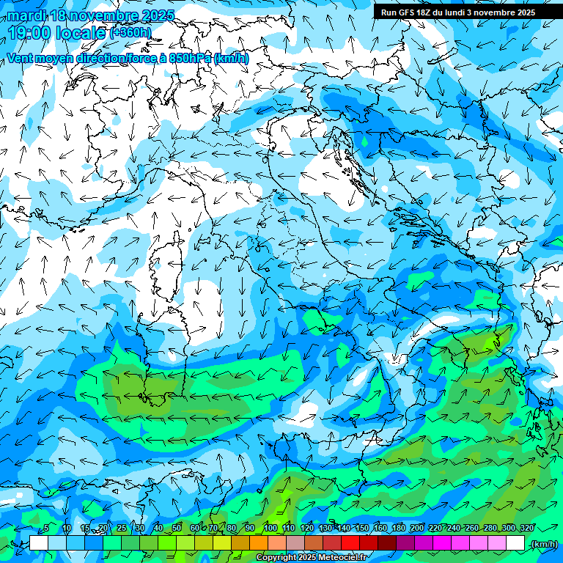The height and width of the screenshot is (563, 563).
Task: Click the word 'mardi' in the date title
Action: click(x=26, y=15)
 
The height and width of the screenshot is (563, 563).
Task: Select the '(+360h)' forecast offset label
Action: click(x=130, y=33)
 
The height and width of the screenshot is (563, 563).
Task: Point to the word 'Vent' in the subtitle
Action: click(x=20, y=59)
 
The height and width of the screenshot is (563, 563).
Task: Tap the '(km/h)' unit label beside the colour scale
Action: click(x=543, y=544)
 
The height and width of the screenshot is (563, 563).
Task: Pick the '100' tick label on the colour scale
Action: click(x=270, y=529)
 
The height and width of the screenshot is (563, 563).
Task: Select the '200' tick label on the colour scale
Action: click(x=417, y=529)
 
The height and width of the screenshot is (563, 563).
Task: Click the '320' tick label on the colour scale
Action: click(x=527, y=529)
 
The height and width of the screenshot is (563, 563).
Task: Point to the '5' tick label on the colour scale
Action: click(x=46, y=529)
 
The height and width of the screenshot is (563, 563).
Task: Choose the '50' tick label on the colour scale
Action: click(x=177, y=529)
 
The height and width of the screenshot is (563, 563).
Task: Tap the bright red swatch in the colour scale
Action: click(x=350, y=543)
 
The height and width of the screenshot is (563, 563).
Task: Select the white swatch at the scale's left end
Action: click(x=39, y=543)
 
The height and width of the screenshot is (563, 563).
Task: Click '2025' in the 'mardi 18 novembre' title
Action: click(x=157, y=15)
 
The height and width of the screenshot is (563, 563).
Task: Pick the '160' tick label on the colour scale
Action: click(x=380, y=529)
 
